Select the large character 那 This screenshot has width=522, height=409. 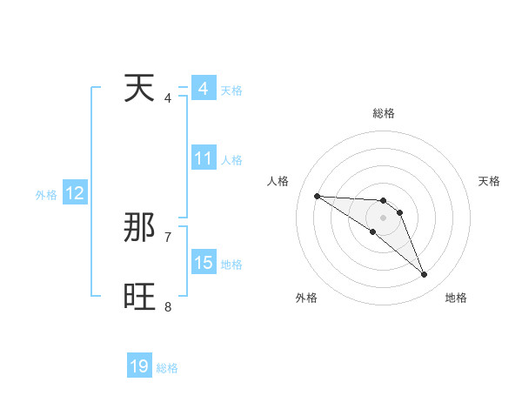coord(141,228)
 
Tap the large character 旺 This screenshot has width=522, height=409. coord(141,298)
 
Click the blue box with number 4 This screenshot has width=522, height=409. coord(203,89)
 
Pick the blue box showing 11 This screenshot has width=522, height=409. coord(204,158)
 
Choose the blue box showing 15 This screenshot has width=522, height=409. coord(204,263)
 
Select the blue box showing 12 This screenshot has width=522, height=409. coord(75,194)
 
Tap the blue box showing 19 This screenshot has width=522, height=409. coord(139,366)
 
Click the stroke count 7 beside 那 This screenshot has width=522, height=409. coord(168,237)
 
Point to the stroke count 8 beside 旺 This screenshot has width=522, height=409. coord(168,306)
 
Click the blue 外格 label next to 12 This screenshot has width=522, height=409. coord(46,195)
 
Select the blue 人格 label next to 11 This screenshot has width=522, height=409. coord(231,160)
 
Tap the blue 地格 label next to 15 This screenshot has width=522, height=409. coord(231,265)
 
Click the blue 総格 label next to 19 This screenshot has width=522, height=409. coord(167,368)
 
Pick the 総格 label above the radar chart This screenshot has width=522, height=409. coord(383,113)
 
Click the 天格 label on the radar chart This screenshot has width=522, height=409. coord(490,181)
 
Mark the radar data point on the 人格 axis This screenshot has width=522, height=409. coord(317,196)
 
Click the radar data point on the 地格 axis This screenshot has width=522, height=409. coord(424,275)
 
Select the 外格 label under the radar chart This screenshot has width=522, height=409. coord(306,298)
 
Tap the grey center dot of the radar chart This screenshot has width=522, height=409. coord(383,218)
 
